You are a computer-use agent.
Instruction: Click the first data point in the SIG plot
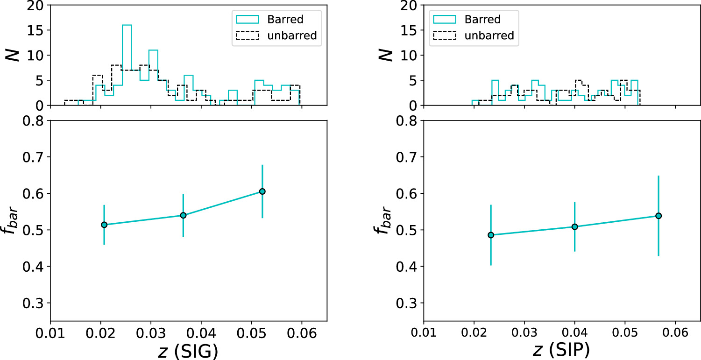pyautogui.click(x=104, y=225)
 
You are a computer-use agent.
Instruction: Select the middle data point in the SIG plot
pyautogui.click(x=183, y=215)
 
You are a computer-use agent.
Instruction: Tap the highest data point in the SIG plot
pyautogui.click(x=262, y=191)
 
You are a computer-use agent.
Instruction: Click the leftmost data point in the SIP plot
pyautogui.click(x=491, y=235)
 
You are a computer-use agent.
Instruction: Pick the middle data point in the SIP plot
pyautogui.click(x=574, y=226)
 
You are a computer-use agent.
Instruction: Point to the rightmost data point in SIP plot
pyautogui.click(x=659, y=216)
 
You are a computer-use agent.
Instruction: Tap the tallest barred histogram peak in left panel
pyautogui.click(x=127, y=25)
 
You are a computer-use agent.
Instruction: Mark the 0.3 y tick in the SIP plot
pyautogui.click(x=410, y=303)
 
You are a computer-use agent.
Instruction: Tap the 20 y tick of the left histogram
pyautogui.click(x=37, y=6)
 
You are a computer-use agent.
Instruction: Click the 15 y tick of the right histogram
pyautogui.click(x=411, y=30)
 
